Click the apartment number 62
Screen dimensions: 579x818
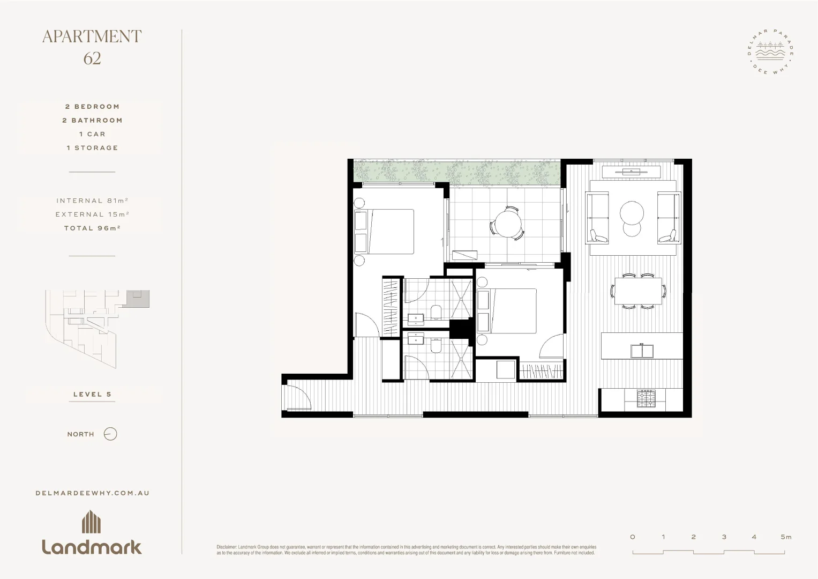(x=92, y=58)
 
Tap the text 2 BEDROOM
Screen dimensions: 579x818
(x=92, y=107)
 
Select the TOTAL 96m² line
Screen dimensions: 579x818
(x=92, y=228)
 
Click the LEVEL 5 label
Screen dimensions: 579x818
(x=92, y=394)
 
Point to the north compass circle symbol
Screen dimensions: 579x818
(x=110, y=434)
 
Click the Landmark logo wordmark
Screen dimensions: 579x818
(x=92, y=546)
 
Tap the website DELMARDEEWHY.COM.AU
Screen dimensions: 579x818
(x=92, y=493)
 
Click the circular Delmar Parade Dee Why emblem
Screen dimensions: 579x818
(x=770, y=51)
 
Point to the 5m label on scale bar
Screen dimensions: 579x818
(x=785, y=537)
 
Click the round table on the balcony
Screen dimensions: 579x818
(x=507, y=224)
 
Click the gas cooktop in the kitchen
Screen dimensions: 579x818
(x=646, y=398)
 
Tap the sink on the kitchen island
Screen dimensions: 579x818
(x=642, y=351)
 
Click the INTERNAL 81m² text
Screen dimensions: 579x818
(x=92, y=201)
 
